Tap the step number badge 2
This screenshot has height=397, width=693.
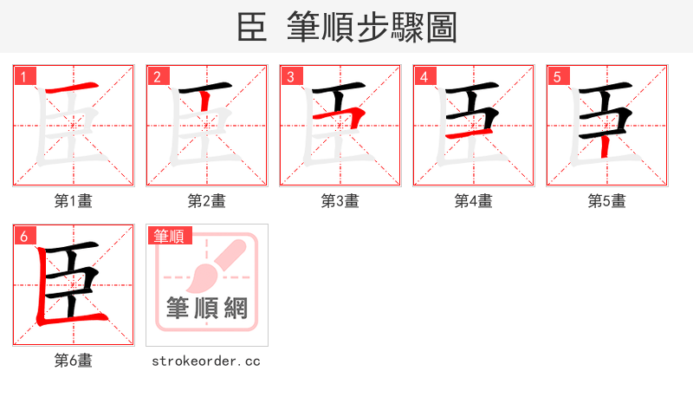[x=158, y=76]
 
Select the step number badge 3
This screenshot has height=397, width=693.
[x=291, y=76]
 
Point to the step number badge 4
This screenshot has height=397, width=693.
[x=424, y=76]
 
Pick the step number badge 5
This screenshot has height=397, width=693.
[x=558, y=76]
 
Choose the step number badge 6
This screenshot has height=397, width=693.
[x=24, y=235]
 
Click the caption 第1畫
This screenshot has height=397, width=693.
[x=74, y=201]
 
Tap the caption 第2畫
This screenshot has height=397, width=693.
[x=207, y=201]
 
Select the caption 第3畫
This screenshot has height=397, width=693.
[x=340, y=201]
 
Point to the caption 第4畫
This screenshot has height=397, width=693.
[x=474, y=201]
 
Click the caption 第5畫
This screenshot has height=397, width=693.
[x=607, y=201]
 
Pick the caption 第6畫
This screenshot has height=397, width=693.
[x=74, y=361]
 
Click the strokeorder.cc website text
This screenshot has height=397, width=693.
[x=206, y=361]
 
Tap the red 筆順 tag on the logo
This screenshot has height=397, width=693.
[x=171, y=236]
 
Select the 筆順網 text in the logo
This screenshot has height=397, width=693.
[x=207, y=309]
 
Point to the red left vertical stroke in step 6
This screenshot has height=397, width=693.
[x=41, y=286]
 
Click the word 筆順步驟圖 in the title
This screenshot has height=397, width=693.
[x=372, y=27]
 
